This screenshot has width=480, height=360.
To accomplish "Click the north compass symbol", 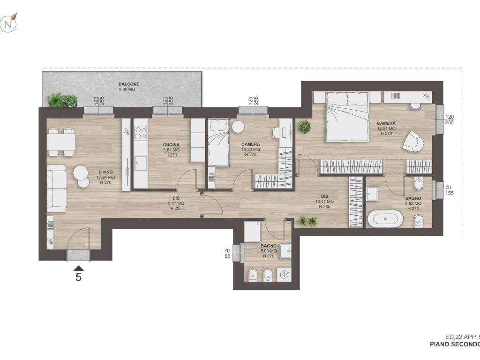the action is pyautogui.click(x=9, y=23).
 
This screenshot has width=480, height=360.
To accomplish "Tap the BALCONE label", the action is pyautogui.click(x=129, y=84).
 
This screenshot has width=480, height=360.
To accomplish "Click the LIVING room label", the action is pyautogui.click(x=105, y=172).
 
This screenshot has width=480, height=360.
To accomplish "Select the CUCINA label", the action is pyautogui.click(x=171, y=145).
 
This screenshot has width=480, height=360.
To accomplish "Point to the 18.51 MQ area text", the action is pyautogui.click(x=386, y=128).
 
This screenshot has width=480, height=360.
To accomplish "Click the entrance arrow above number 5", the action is pyautogui.click(x=79, y=269).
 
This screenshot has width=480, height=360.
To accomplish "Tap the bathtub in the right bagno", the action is pyautogui.click(x=385, y=218).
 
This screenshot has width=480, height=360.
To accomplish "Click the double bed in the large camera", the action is pyautogui.click(x=347, y=117).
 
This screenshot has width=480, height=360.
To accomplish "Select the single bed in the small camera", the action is pyautogui.click(x=218, y=142).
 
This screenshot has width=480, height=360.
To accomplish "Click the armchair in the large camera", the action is pyautogui.click(x=413, y=141).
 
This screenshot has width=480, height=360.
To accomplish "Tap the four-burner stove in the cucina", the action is pyautogui.click(x=141, y=133).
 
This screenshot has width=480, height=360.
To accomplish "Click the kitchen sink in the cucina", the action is pyautogui.click(x=141, y=163).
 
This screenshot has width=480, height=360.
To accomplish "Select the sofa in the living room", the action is pyautogui.click(x=57, y=189).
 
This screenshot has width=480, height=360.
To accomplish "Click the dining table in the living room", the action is pyautogui.click(x=61, y=142).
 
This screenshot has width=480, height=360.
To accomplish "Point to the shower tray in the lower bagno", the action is pyautogui.click(x=253, y=232).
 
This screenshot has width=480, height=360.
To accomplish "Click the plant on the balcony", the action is pyautogui.click(x=62, y=100).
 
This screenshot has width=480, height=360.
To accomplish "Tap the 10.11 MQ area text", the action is pyautogui.click(x=324, y=202).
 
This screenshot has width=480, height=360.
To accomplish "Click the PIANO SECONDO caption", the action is pyautogui.click(x=455, y=344).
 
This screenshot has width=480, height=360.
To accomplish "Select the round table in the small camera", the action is pyautogui.click(x=238, y=127).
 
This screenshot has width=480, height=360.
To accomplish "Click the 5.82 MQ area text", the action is pyautogui.click(x=413, y=203).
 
